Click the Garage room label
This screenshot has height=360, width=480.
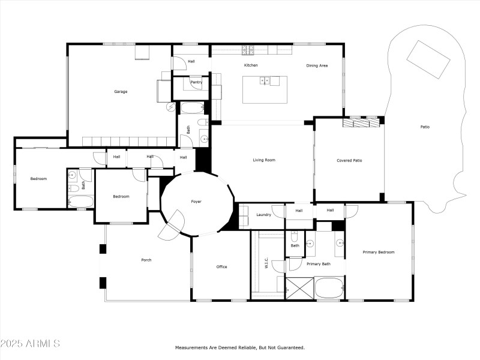pos(121,92)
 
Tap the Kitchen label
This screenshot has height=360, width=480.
pos(250,65)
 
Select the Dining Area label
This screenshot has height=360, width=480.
pos(317,65)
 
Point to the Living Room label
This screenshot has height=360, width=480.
pos(263,160)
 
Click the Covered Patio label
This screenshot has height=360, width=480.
pos(349,160)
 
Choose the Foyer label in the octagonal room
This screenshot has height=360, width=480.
pos(196,202)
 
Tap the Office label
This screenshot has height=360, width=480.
pos(221,267)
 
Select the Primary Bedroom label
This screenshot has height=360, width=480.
pos(379,252)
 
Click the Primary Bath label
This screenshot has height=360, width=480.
pos(318,264)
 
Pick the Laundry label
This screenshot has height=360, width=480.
pos(263,215)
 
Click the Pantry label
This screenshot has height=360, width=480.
pos(196,82)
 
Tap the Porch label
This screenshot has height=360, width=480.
pos(146,260)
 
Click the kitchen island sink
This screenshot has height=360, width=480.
pos(265,80)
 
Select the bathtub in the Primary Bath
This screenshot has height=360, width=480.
pos(329,287)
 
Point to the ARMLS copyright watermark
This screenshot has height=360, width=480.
pos(30,344)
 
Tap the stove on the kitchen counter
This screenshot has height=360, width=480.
pos(248,49)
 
